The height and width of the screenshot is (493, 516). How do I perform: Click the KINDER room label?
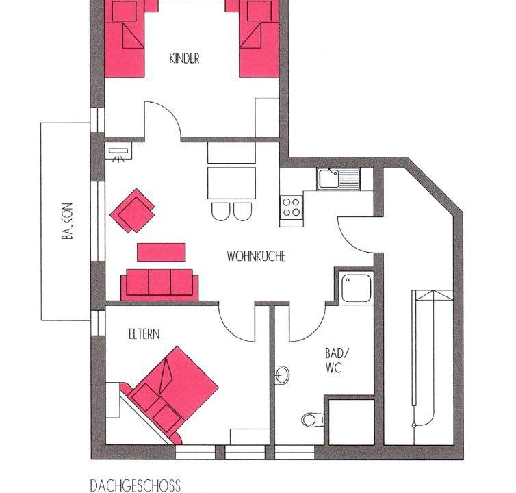(x=184, y=59)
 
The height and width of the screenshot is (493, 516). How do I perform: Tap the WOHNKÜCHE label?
(x=256, y=256)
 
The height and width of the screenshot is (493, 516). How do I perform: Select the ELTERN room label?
(x=144, y=334)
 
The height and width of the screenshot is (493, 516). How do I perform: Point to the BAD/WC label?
(x=336, y=361)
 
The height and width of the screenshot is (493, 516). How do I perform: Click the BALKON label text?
(x=67, y=220)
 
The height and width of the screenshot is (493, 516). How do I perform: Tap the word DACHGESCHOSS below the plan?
(x=136, y=485)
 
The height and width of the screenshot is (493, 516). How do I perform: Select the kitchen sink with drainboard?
(x=338, y=179)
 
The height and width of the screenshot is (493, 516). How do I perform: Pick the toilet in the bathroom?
(x=312, y=420)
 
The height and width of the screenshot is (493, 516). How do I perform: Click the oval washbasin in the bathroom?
(x=282, y=375)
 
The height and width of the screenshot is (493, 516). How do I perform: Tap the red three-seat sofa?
(x=159, y=285)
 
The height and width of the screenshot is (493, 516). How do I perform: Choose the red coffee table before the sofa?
(x=162, y=252)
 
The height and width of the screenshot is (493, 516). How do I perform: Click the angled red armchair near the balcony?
(x=133, y=211)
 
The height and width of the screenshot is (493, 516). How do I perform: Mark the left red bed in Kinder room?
(x=125, y=39)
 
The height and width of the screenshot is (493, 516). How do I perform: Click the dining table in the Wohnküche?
(x=232, y=183)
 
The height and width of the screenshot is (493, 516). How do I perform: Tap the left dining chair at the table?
(x=221, y=212)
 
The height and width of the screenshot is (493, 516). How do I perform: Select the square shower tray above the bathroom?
(x=357, y=288)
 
